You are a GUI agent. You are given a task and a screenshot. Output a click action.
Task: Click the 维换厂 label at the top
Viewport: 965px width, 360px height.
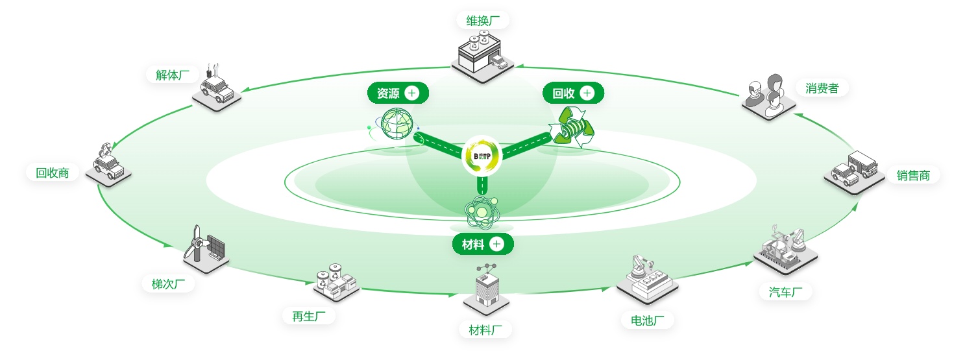[483, 20]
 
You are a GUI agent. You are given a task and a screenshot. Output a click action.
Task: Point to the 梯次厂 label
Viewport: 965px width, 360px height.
[168, 283]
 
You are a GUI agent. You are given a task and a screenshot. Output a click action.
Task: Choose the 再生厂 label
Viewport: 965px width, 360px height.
[308, 316]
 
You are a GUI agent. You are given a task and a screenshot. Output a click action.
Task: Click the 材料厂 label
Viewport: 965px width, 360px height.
[485, 330]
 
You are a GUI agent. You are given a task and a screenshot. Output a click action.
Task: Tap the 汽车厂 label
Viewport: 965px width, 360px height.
[785, 292]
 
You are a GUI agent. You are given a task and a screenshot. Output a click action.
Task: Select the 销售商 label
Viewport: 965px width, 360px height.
[913, 175]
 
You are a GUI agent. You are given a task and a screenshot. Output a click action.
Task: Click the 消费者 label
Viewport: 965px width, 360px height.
[822, 88]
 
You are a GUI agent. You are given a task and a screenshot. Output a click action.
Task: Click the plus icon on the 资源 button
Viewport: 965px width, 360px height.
[412, 93]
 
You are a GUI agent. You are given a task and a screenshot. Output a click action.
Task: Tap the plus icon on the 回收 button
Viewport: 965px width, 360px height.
[587, 93]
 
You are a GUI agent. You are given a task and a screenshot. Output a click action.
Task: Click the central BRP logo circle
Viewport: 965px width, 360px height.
[482, 156]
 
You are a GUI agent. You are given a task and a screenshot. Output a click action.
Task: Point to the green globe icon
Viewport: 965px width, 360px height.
[397, 125]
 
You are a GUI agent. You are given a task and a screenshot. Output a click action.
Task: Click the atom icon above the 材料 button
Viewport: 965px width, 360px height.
[482, 211]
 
